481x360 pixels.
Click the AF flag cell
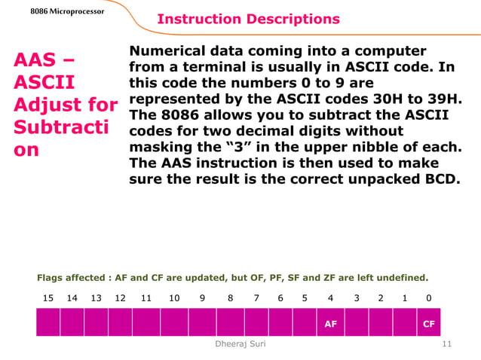point(330,324)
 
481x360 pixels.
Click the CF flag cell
point(428,324)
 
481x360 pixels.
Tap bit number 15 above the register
point(48,298)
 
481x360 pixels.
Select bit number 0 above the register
point(428,298)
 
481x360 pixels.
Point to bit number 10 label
point(174,298)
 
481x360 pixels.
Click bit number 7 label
point(256,298)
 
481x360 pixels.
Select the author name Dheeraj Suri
point(240,343)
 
